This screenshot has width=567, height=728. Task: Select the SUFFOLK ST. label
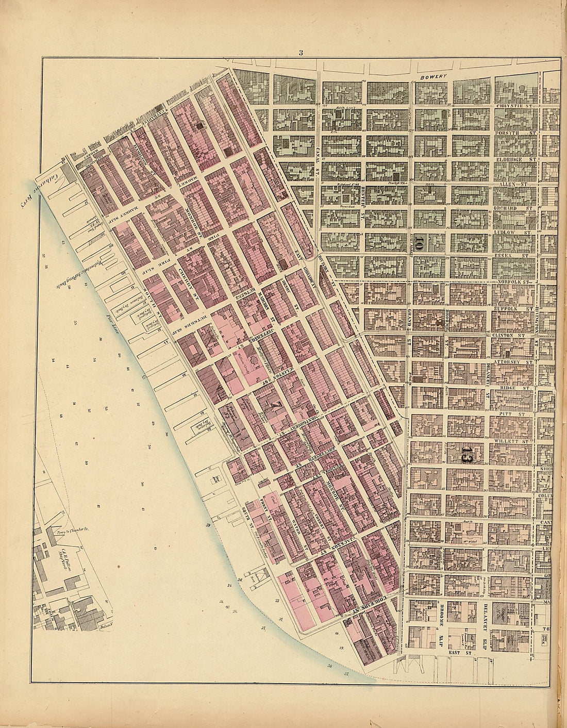point(512,307)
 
